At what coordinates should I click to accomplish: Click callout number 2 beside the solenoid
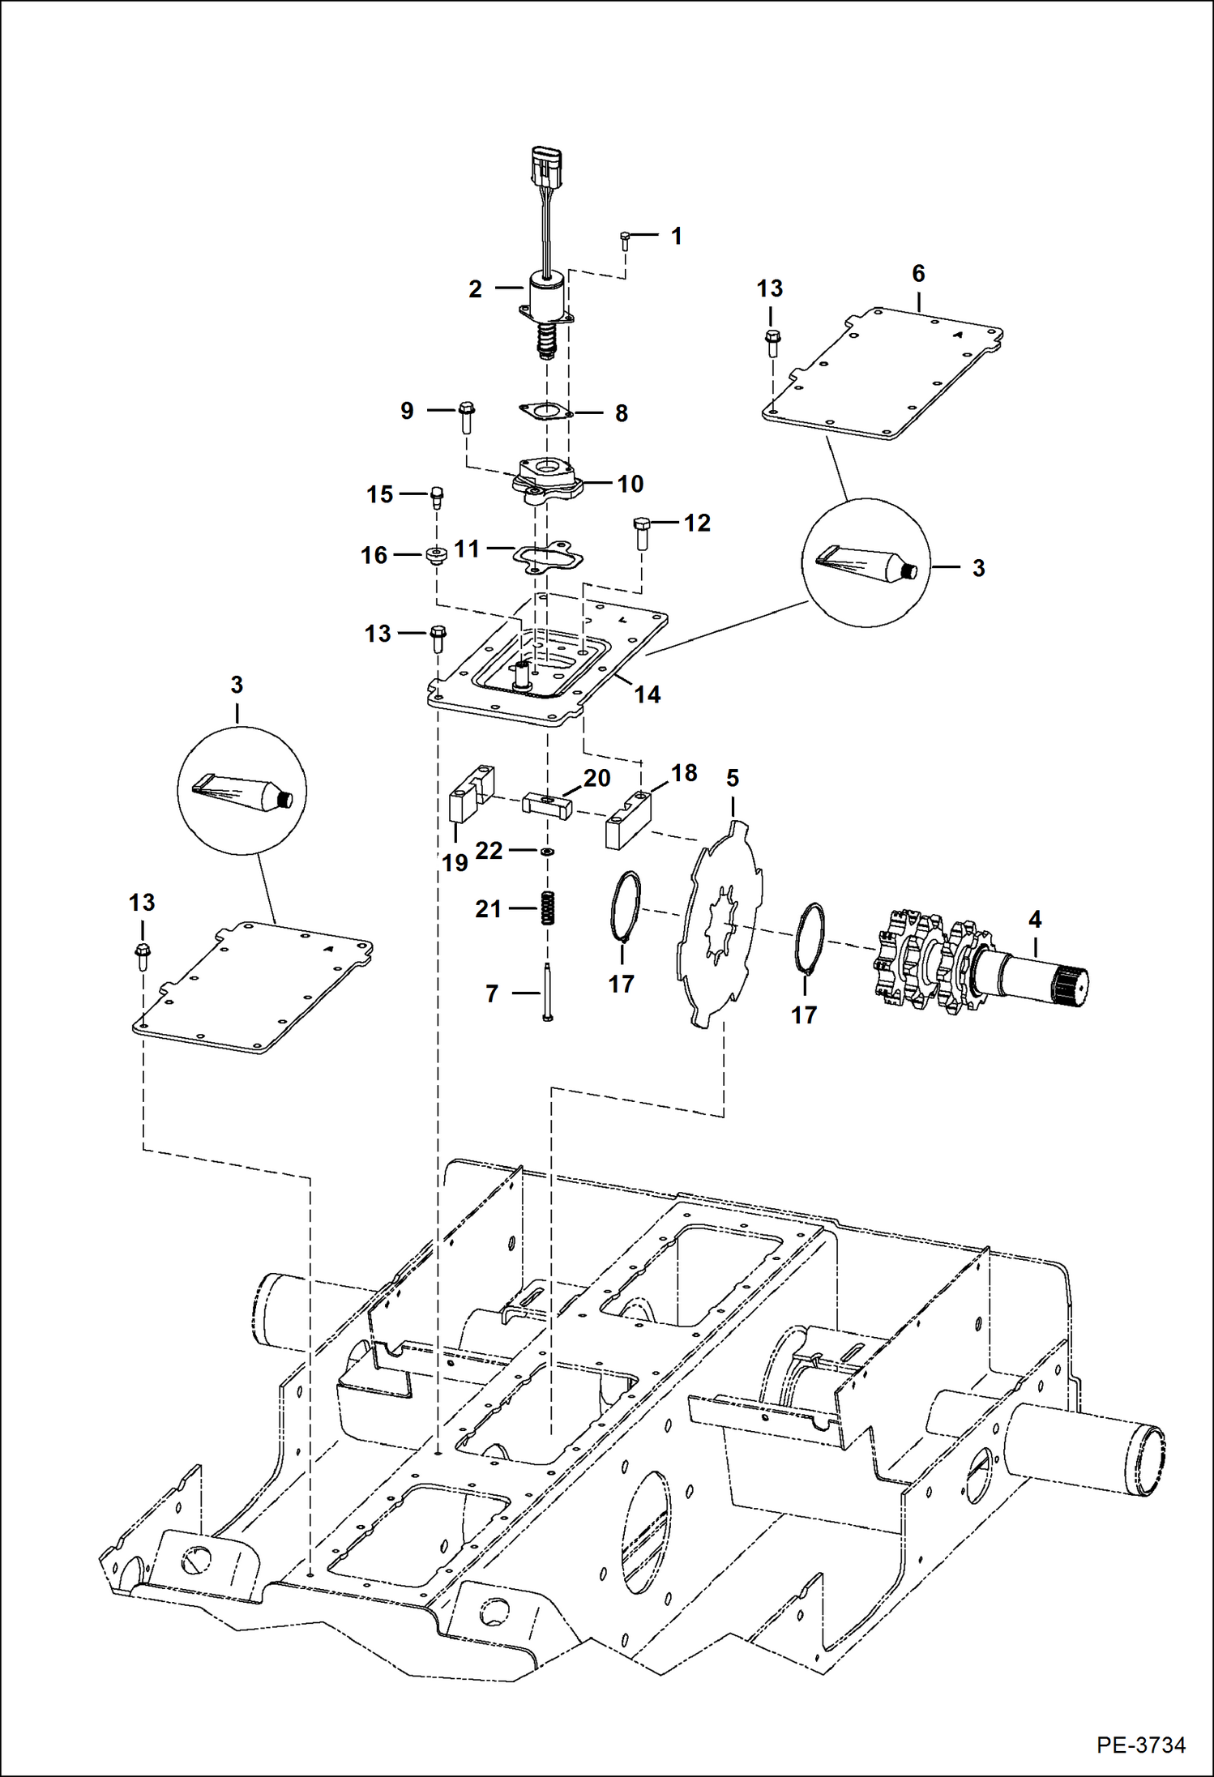[x=476, y=289]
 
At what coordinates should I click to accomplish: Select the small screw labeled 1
[x=625, y=240]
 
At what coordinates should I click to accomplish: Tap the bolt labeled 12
[x=642, y=532]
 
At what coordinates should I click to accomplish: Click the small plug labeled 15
[x=437, y=496]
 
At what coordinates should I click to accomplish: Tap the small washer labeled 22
[x=548, y=852]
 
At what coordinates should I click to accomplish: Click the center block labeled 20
[x=547, y=805]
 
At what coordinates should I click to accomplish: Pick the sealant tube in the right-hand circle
[x=866, y=563]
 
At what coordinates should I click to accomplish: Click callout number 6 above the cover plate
[x=918, y=274]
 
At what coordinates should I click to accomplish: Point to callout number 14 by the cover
[x=647, y=694]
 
